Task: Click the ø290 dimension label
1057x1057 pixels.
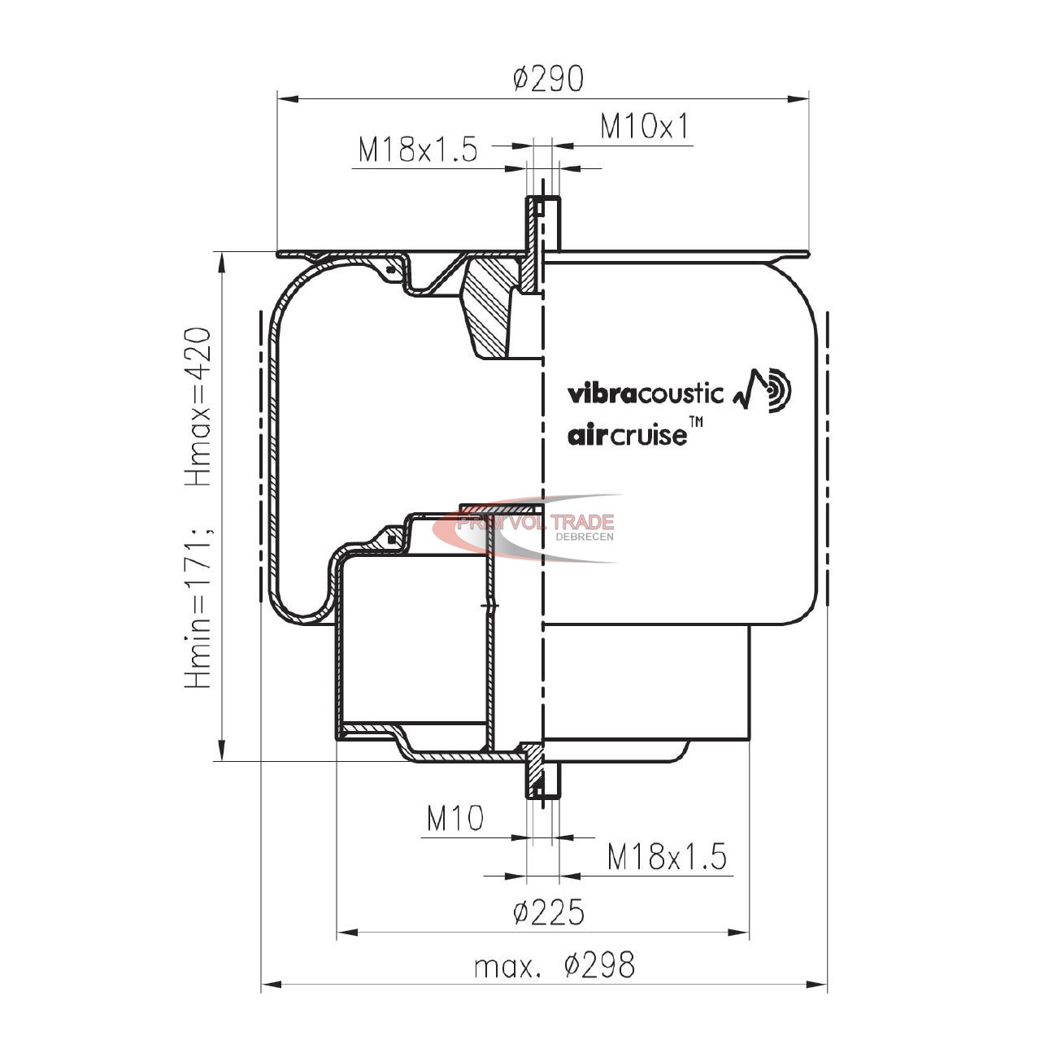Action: [548, 78]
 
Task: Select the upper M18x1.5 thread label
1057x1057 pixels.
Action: [418, 149]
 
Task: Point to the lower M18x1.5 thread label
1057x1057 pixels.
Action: [667, 856]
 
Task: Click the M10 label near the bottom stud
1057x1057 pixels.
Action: [455, 819]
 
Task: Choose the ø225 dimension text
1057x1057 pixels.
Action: [549, 913]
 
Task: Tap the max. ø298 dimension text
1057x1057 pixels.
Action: [555, 965]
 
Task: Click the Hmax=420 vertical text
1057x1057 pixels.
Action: [198, 407]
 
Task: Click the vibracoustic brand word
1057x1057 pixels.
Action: [645, 394]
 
